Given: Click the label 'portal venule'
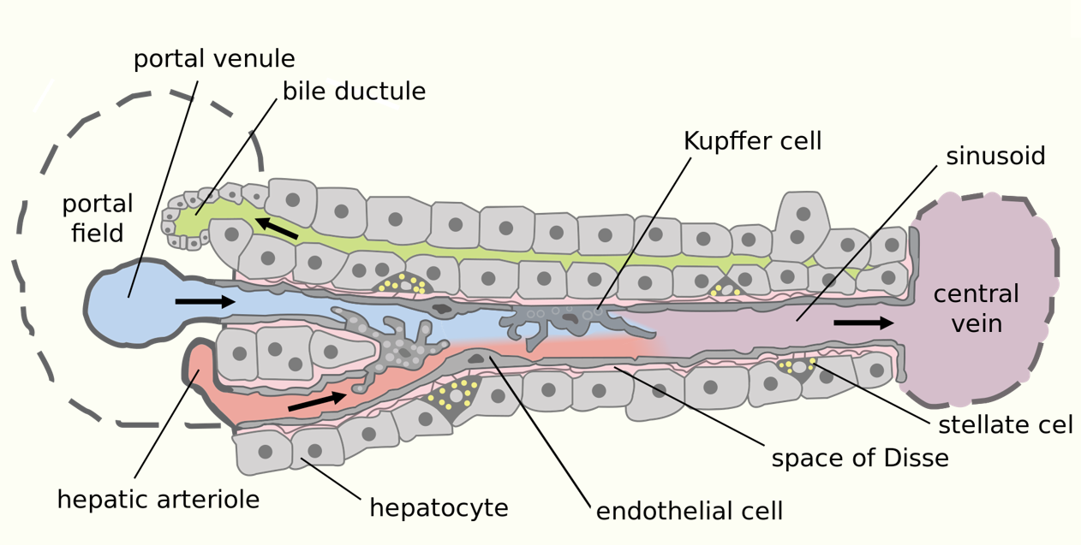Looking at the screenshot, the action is click(x=214, y=59).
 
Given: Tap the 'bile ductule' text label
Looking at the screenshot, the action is click(x=354, y=92).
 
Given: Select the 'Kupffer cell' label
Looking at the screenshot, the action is click(x=752, y=141).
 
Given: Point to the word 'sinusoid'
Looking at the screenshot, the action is click(x=995, y=157).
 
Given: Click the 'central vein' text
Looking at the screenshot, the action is click(x=976, y=309).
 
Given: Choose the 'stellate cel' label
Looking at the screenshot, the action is click(x=1006, y=425).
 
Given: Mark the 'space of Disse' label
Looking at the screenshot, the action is click(x=860, y=459).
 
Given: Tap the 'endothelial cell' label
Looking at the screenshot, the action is click(x=689, y=512).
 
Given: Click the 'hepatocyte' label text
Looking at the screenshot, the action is click(x=439, y=508).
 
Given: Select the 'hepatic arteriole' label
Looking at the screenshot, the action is click(x=158, y=499).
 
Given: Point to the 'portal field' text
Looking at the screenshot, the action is click(x=98, y=218).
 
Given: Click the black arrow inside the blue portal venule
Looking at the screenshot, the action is click(x=205, y=301).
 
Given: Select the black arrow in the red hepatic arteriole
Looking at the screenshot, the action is click(x=318, y=400).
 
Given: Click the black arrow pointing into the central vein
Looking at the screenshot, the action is click(x=863, y=323).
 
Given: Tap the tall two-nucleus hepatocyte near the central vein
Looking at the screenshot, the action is click(x=802, y=223).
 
